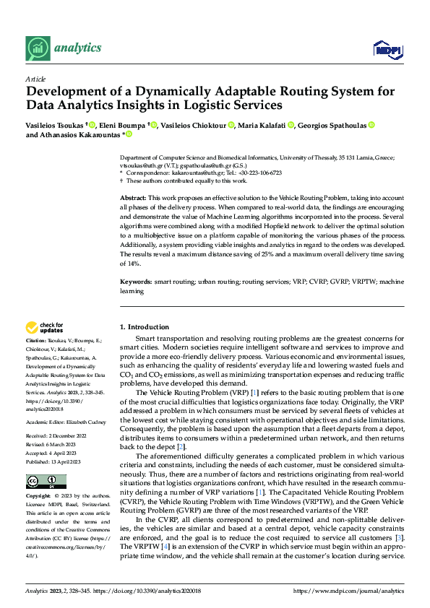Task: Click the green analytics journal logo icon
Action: (37, 48)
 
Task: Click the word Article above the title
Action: (35, 79)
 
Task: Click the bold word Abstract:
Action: (133, 198)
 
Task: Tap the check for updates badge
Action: (45, 327)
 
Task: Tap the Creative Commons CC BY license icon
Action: (46, 462)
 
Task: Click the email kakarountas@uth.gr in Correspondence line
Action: (194, 173)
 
